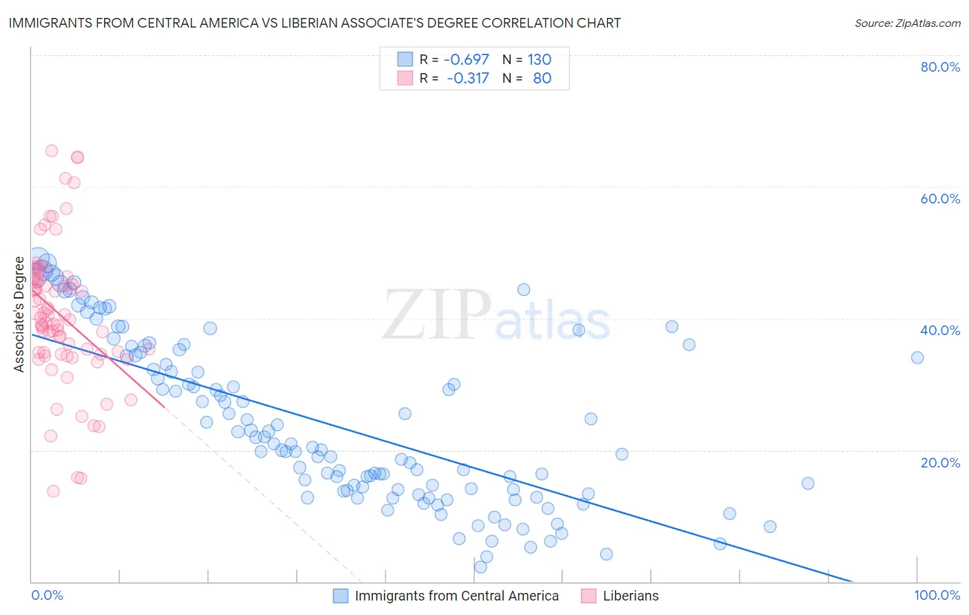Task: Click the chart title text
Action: [314, 23]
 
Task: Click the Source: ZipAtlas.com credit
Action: [907, 23]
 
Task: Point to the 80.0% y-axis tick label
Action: [940, 67]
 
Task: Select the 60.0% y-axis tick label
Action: [940, 199]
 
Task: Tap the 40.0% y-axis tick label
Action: [940, 330]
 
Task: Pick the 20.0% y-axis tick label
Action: [940, 463]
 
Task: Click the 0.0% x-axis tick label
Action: [47, 595]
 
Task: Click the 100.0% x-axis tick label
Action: [937, 595]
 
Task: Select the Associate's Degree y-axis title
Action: [19, 314]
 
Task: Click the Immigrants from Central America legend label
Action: [456, 596]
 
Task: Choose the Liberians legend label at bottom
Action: [631, 596]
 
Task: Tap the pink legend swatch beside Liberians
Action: [589, 596]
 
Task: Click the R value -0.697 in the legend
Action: [466, 59]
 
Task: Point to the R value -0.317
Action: [467, 78]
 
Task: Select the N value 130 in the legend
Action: [539, 59]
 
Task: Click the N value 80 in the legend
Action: [542, 78]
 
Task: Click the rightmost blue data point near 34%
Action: [917, 357]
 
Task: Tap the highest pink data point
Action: [52, 151]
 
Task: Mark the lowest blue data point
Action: [480, 567]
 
